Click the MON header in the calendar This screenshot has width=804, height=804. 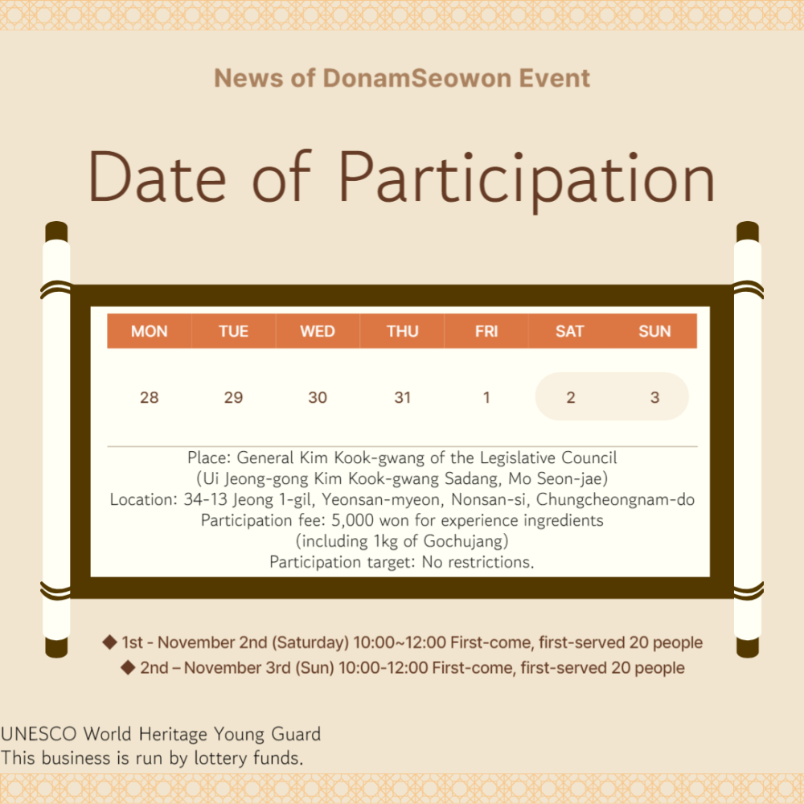150,331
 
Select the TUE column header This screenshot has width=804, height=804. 233,331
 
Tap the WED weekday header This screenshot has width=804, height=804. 318,331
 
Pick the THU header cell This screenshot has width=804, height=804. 403,331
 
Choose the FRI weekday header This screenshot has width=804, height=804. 486,331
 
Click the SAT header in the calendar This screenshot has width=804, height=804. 570,331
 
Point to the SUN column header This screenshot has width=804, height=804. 654,331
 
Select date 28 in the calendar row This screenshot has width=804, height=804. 150,397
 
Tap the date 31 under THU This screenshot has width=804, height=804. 403,397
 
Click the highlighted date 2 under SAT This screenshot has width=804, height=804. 571,397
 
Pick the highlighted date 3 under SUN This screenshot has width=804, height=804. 654,397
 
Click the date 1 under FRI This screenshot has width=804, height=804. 486,397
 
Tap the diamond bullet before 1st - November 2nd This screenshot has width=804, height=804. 109,642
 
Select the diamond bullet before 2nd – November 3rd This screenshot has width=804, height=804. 128,667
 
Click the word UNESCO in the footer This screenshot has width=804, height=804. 39,734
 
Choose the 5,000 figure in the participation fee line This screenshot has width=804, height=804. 353,520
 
